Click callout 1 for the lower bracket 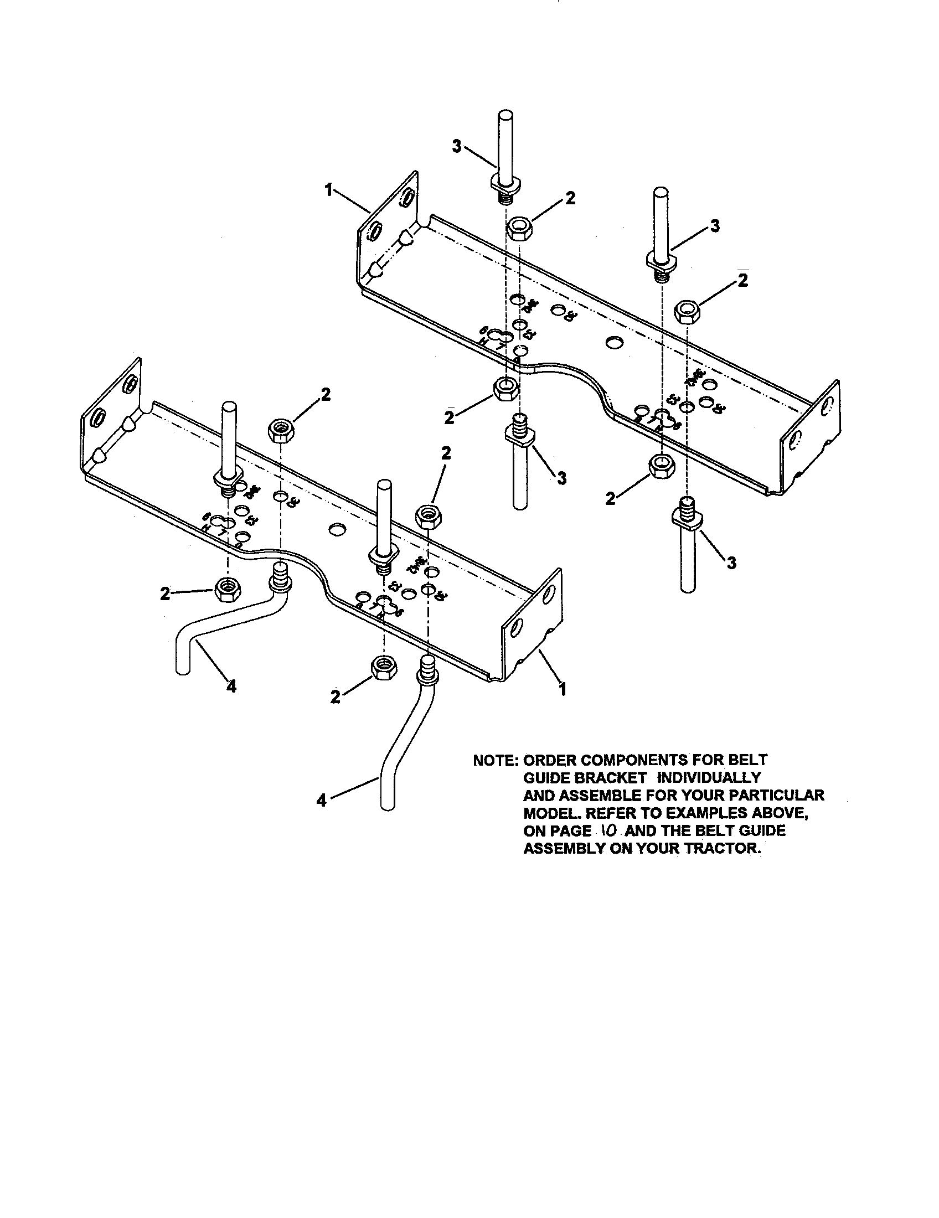point(563,690)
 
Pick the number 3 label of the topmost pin point(456,148)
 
